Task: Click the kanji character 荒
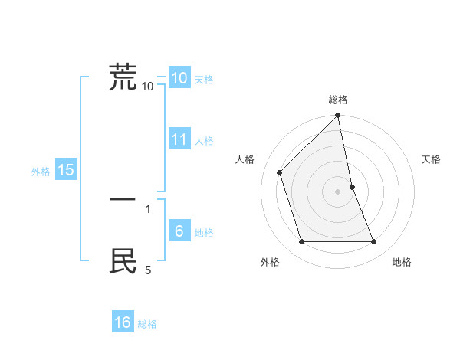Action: [x=123, y=77]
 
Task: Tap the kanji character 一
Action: [x=123, y=199]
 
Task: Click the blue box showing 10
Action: [x=179, y=78]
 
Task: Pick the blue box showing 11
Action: [x=179, y=139]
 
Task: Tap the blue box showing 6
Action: [x=179, y=231]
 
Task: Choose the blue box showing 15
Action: [x=65, y=170]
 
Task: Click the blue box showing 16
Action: [x=123, y=322]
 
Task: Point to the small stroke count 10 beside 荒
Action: [x=148, y=87]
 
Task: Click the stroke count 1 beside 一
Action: [x=148, y=208]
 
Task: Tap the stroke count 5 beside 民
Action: [x=148, y=270]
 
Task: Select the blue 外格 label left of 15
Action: [x=41, y=172]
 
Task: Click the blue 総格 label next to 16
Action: [x=147, y=324]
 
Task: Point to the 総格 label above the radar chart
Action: [x=338, y=100]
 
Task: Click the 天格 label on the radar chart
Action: [x=432, y=159]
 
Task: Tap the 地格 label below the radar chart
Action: [x=402, y=262]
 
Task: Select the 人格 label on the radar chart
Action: [x=245, y=159]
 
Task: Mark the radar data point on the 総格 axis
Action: [x=338, y=116]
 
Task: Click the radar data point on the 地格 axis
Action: [x=374, y=242]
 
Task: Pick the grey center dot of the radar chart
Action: [x=338, y=191]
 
